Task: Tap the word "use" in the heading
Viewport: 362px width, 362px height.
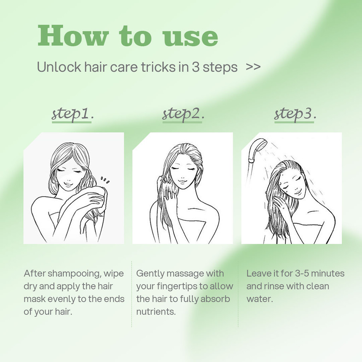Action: (190, 37)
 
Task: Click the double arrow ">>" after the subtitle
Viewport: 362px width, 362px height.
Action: (253, 67)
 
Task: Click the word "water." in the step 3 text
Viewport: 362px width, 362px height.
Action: (260, 299)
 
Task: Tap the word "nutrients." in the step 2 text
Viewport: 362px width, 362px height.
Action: (156, 312)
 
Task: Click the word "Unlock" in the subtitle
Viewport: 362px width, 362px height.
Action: (59, 67)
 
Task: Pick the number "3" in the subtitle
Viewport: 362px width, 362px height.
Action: (195, 67)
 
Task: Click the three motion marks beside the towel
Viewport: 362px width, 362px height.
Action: (105, 180)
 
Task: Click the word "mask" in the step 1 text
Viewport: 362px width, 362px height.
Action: (33, 299)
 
